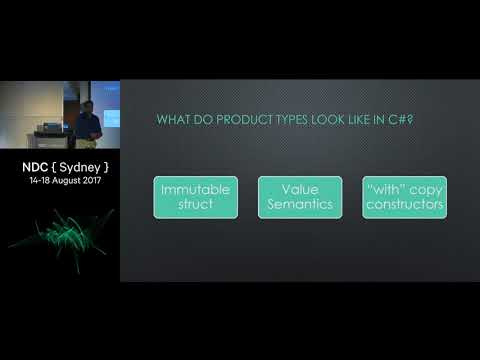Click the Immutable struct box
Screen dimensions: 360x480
pos(194,197)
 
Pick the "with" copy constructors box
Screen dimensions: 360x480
pos(405,197)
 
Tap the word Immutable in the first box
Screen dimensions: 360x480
pos(194,189)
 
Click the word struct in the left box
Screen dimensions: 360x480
pos(194,206)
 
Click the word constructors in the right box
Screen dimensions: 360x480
pos(405,206)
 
